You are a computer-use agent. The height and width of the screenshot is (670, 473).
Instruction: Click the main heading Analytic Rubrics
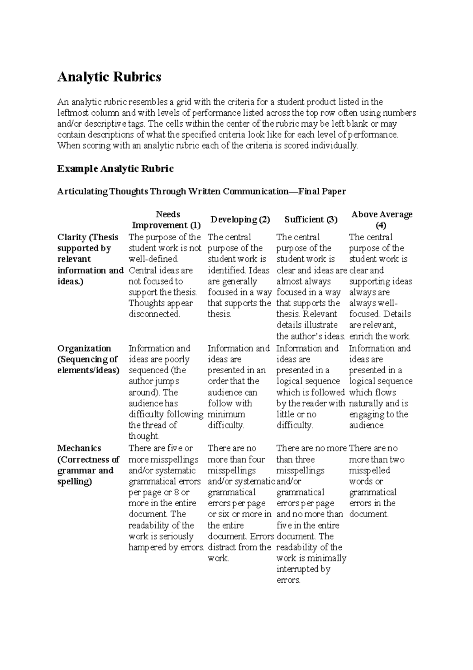109,77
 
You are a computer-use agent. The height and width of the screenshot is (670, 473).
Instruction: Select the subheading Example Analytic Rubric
115,169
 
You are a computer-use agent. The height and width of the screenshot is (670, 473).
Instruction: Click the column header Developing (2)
240,219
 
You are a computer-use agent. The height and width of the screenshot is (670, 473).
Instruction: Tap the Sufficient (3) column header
311,219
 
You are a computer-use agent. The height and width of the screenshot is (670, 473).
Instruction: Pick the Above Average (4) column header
381,219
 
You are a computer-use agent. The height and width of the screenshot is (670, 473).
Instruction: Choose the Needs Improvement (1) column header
166,220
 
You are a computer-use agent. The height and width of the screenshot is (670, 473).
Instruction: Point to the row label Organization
84,348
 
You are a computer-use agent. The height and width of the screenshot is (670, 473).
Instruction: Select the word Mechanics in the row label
79,448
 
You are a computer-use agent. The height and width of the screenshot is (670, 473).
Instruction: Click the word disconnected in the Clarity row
154,314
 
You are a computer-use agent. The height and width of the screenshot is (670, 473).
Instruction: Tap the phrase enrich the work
380,337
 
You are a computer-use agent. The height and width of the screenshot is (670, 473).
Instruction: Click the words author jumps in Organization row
154,381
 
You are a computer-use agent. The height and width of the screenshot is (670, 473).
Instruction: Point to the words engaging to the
378,414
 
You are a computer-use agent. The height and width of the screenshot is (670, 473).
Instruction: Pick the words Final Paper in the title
322,192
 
